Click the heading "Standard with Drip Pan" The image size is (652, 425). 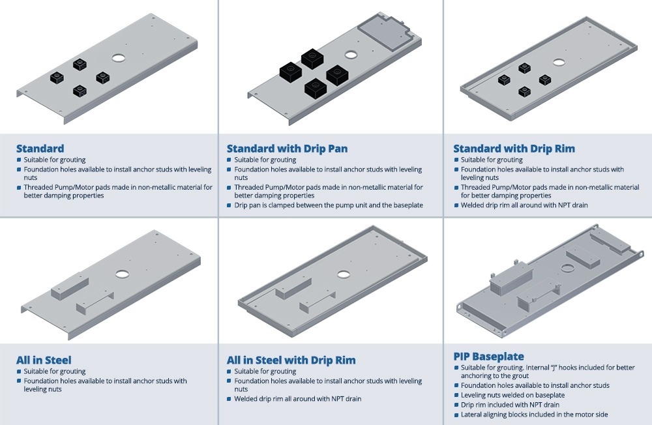287,149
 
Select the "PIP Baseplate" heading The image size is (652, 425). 488,357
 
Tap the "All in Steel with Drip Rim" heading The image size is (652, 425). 291,360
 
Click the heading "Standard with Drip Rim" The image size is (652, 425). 514,149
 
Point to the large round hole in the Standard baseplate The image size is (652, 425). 119,57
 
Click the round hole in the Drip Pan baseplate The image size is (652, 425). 351,55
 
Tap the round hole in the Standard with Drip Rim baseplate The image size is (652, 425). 559,63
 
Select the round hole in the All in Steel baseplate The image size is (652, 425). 122,274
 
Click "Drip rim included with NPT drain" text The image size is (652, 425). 510,405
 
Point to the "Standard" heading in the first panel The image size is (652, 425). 40,149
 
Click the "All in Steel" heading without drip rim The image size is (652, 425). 44,360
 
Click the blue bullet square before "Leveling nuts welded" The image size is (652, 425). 456,395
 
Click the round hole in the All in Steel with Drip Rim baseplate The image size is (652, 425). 343,274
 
